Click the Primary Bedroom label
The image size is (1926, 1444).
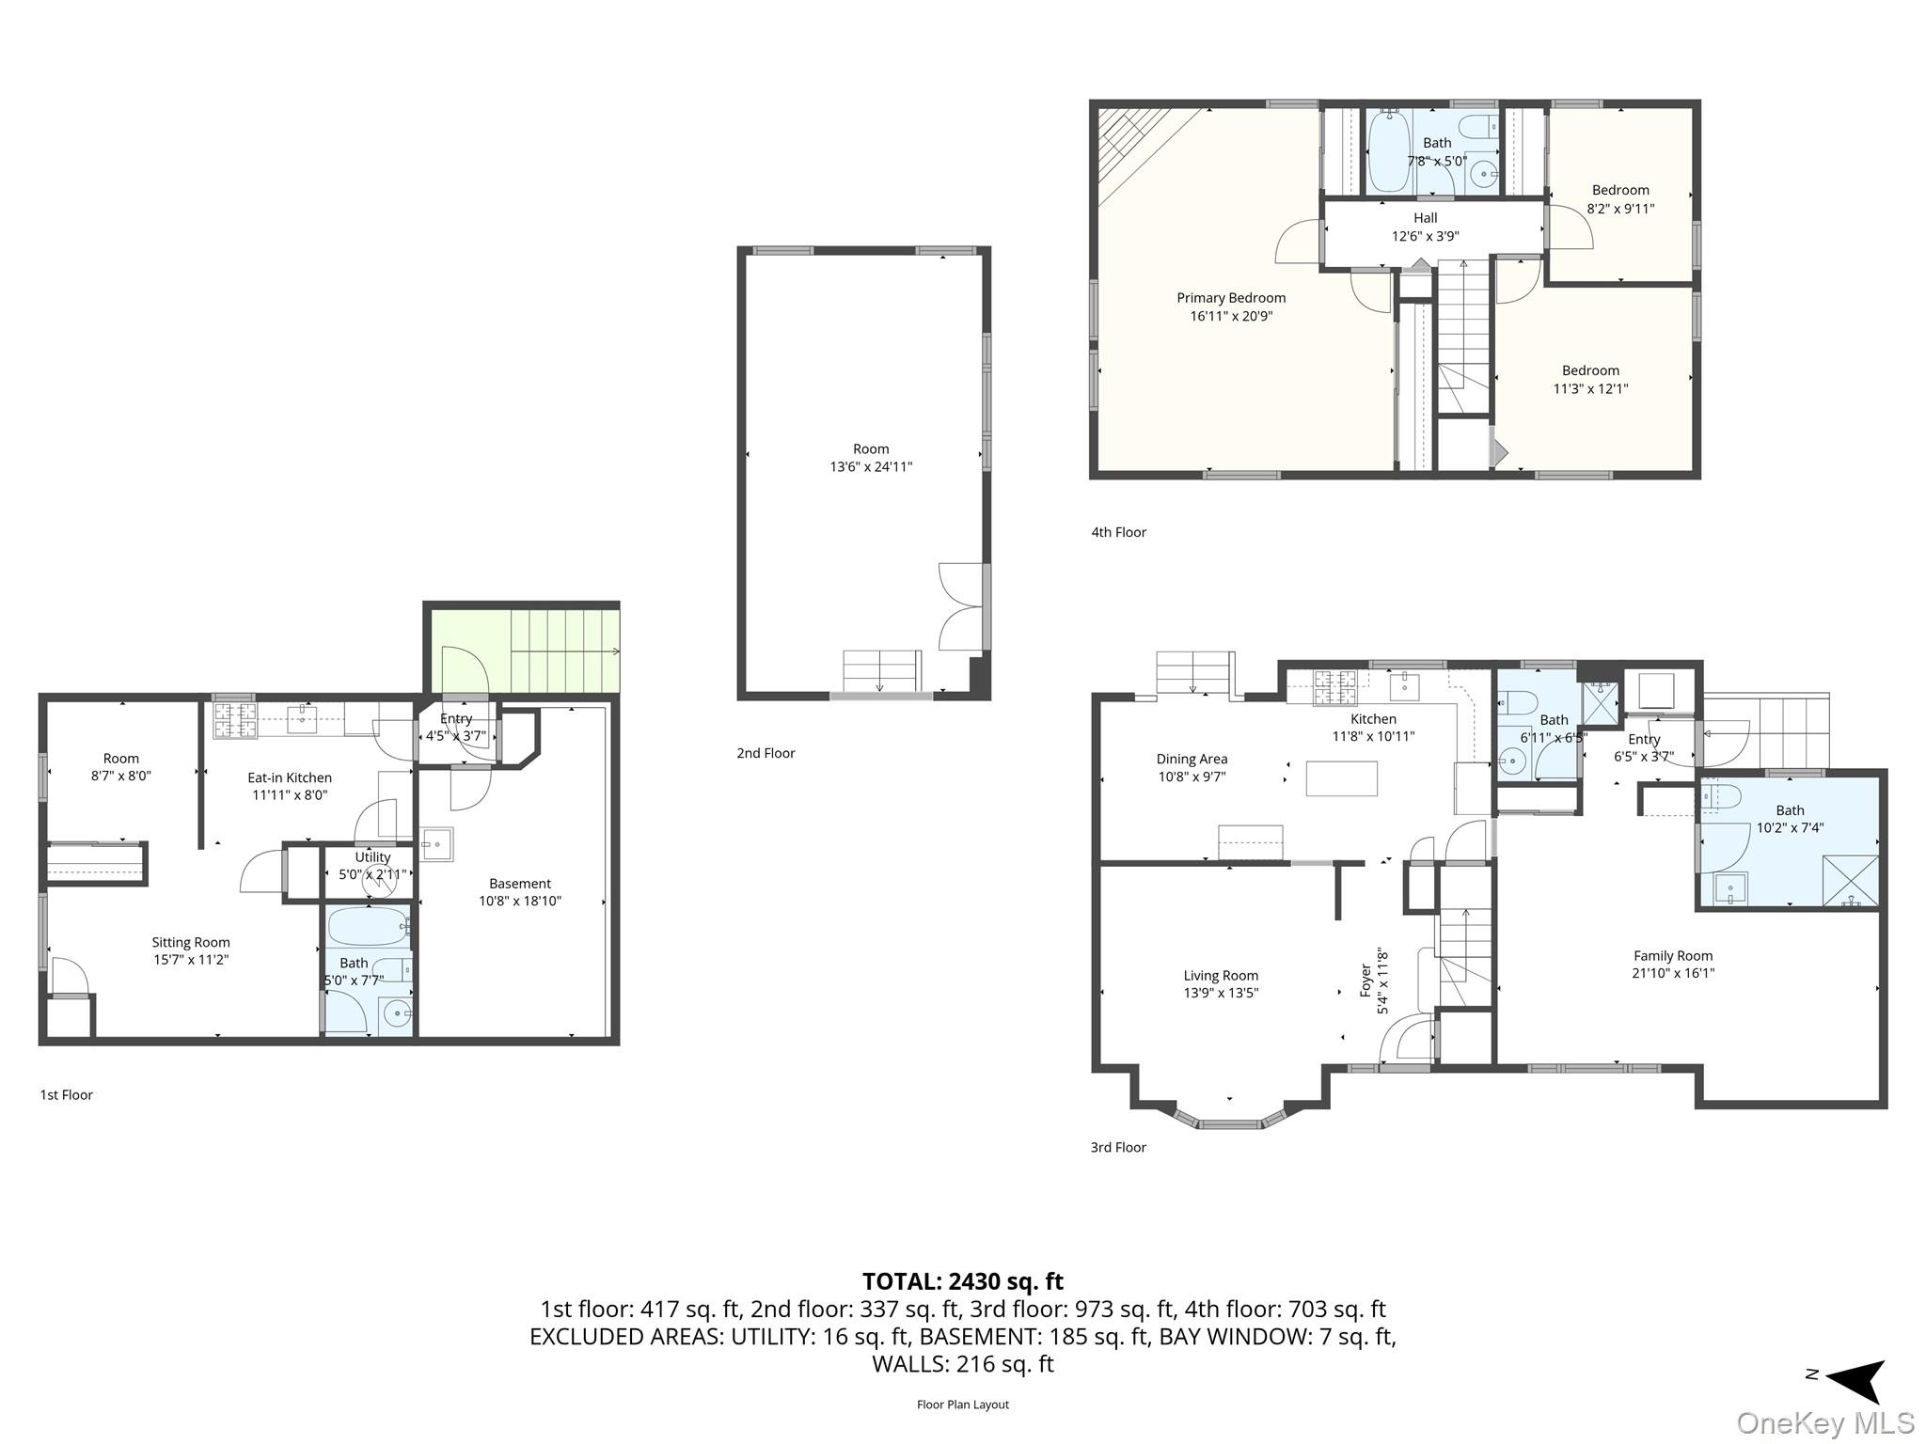[1231, 298]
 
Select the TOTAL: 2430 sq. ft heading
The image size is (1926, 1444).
[962, 1281]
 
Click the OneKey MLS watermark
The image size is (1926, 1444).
[1824, 1423]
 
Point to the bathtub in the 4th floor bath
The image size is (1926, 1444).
[1388, 151]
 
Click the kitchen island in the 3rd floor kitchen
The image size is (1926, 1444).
[1342, 778]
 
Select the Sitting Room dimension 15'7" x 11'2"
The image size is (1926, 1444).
[191, 960]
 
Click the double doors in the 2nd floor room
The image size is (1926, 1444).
[961, 606]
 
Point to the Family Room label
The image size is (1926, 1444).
[1673, 956]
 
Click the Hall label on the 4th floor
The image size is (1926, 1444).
[1425, 218]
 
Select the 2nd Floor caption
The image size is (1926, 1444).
[766, 753]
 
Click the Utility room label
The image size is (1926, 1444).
[372, 857]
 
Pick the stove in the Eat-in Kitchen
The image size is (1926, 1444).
[234, 720]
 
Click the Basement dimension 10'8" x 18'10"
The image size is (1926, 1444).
[520, 901]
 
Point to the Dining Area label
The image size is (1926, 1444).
[1192, 759]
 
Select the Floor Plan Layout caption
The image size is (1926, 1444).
[962, 1405]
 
